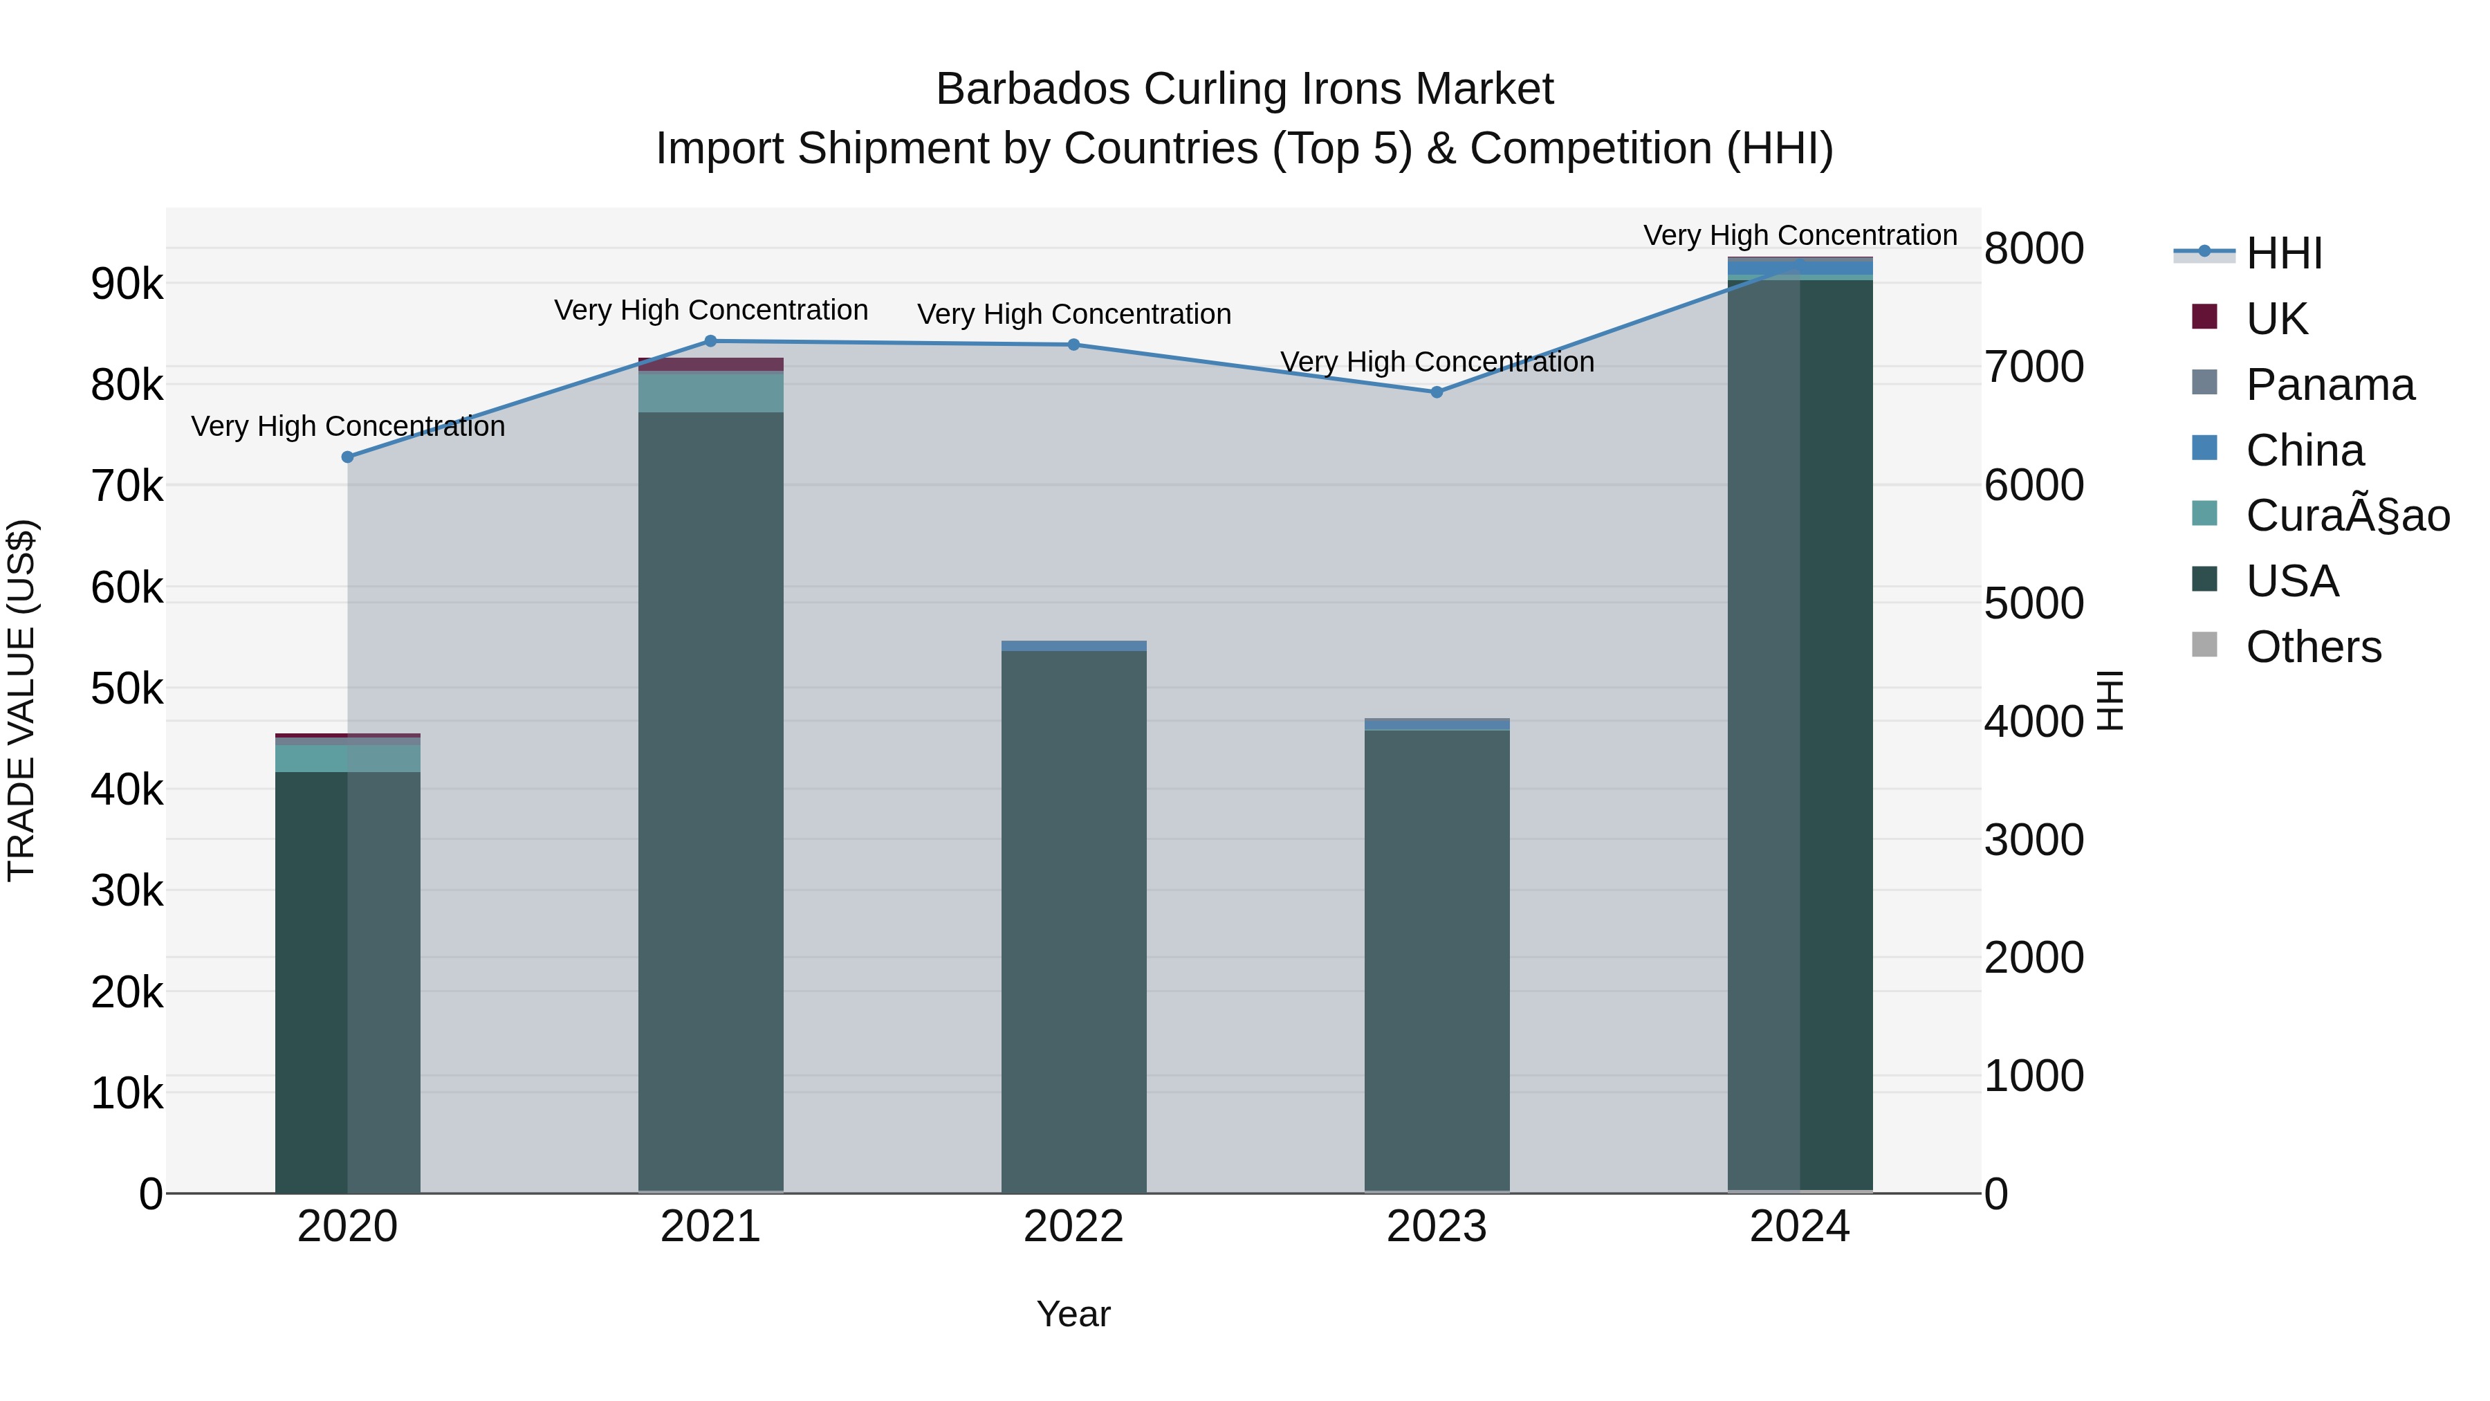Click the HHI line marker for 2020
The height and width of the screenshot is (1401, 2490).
348,457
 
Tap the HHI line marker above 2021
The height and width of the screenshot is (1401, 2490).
710,340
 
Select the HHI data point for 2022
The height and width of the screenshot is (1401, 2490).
1074,345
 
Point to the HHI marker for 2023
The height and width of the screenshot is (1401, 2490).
1437,392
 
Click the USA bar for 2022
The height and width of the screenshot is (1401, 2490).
1074,919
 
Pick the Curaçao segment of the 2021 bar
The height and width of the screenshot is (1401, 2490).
710,392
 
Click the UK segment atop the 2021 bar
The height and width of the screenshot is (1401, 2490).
710,365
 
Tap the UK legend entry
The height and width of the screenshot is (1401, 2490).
2276,318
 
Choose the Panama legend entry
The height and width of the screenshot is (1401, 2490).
2330,384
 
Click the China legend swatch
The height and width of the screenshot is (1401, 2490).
2205,448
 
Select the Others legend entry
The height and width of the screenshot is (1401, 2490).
2313,646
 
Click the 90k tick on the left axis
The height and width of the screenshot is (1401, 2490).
127,284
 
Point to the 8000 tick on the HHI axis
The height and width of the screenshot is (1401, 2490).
2033,248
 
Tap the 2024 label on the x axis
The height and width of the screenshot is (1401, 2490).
1800,1226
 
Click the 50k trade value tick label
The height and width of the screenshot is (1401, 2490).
127,689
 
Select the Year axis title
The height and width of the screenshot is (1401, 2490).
1073,1314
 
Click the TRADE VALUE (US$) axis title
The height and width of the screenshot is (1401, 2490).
21,700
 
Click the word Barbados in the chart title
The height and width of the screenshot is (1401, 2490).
1033,89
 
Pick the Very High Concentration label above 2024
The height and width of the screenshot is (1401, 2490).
1800,235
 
